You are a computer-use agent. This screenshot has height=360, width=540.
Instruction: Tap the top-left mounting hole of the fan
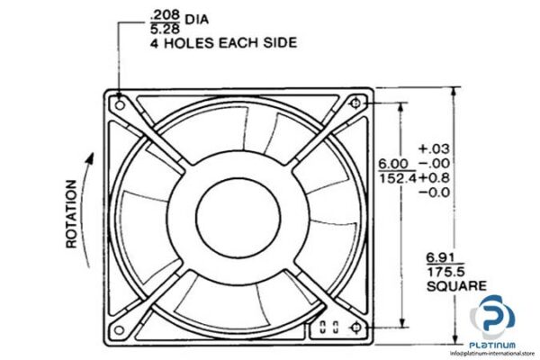117,103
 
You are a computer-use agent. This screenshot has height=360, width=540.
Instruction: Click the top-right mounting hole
355,103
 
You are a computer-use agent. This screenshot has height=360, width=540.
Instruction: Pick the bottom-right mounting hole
355,325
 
